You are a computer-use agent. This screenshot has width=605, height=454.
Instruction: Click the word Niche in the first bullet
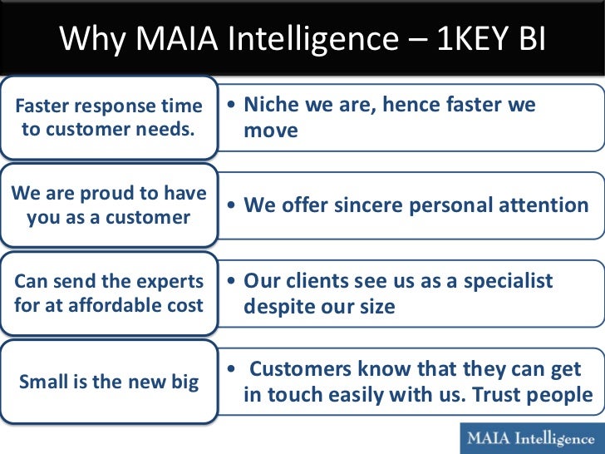(x=274, y=105)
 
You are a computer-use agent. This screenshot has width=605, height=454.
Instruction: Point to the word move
(x=271, y=131)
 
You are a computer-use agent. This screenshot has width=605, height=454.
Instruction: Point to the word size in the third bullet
(x=376, y=307)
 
